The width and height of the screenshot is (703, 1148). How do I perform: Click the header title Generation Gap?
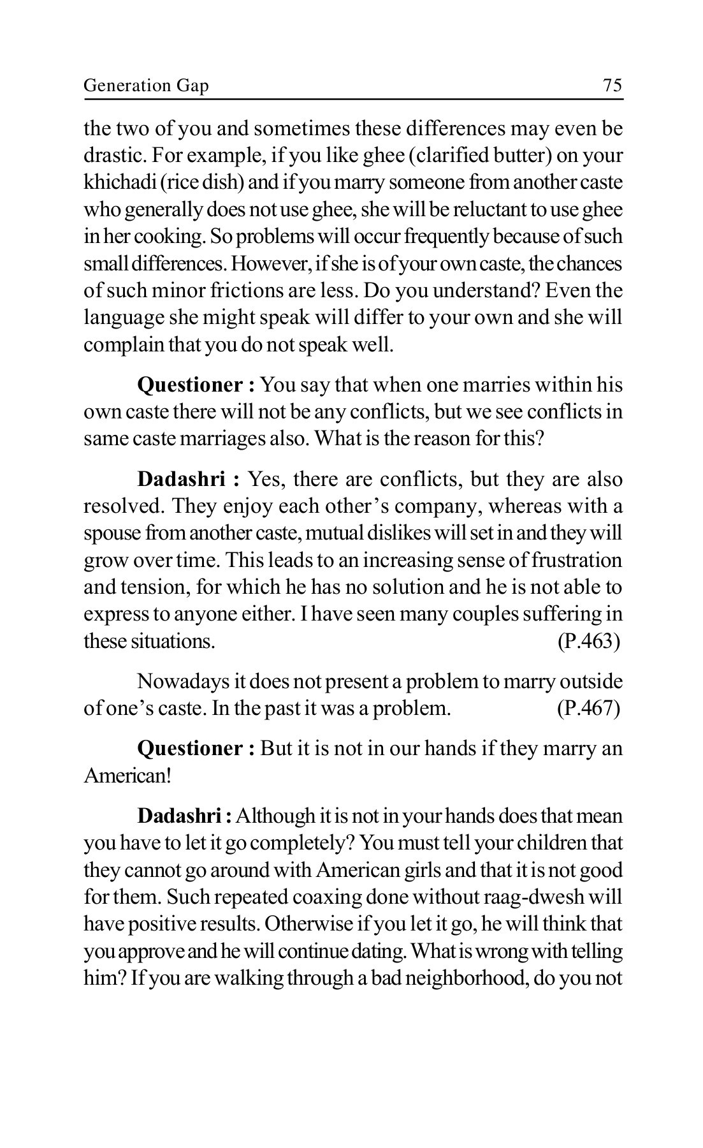click(x=146, y=85)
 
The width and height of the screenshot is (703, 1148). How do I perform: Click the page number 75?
click(x=612, y=85)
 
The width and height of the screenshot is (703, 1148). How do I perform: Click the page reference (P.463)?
click(x=588, y=640)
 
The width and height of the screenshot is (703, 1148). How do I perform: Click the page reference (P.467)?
click(x=588, y=709)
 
